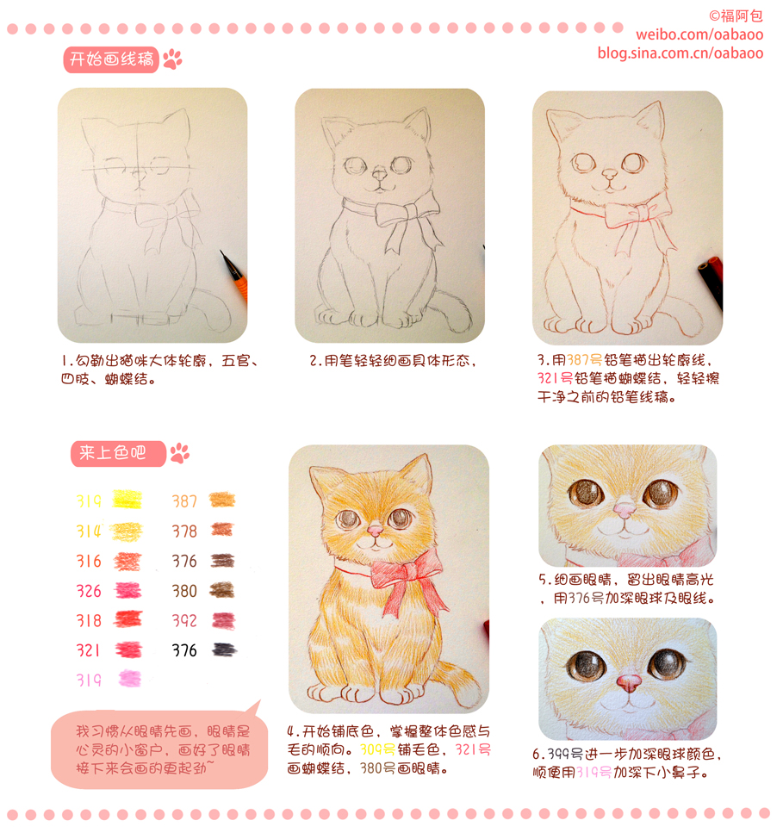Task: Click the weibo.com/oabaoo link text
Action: tap(699, 34)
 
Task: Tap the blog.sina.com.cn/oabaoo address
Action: tap(680, 53)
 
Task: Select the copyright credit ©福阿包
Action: tap(736, 16)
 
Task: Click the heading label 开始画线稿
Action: tap(111, 59)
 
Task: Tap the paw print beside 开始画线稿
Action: tap(172, 59)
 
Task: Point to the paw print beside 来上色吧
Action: tap(180, 453)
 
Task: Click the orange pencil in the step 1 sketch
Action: tap(235, 277)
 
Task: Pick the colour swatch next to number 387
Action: tap(221, 500)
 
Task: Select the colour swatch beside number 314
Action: tap(127, 531)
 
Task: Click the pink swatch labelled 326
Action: tap(127, 591)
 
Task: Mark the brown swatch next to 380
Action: tap(221, 590)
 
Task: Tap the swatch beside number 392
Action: tap(223, 621)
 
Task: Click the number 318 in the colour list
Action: tap(89, 621)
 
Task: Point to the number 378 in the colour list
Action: tap(184, 531)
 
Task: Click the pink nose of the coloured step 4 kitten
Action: tap(375, 531)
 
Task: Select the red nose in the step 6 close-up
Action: tap(628, 683)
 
